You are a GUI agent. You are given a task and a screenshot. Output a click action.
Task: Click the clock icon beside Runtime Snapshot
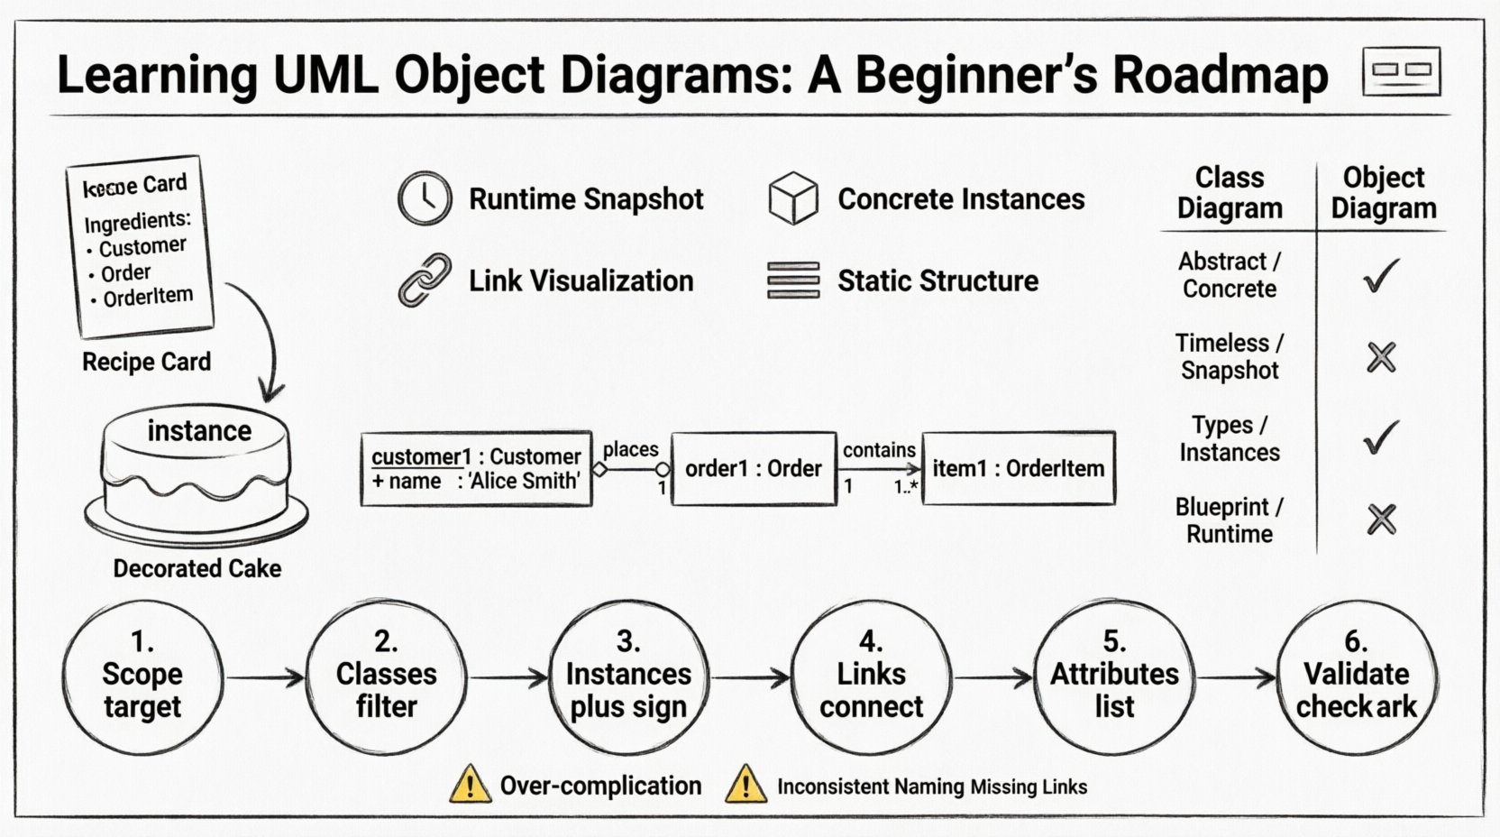(x=425, y=198)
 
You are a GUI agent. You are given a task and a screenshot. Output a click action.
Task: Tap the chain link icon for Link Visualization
(x=425, y=281)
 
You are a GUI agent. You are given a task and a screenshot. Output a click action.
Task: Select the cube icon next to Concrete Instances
(x=793, y=198)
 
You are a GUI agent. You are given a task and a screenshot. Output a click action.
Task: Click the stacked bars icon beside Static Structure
(x=793, y=281)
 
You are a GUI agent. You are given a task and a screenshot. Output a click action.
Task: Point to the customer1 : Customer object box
(x=476, y=468)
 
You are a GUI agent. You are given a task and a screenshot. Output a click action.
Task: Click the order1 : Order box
(x=753, y=468)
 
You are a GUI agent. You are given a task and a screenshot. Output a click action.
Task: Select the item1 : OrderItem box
(x=1018, y=468)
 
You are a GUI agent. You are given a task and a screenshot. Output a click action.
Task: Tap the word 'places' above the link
(x=630, y=449)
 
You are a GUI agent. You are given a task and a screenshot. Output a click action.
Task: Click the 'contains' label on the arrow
(x=879, y=449)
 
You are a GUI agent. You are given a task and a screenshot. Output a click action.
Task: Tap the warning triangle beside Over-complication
(x=470, y=785)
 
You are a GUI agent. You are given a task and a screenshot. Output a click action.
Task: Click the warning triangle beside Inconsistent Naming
(x=745, y=785)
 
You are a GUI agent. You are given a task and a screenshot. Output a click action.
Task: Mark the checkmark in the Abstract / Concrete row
(x=1381, y=275)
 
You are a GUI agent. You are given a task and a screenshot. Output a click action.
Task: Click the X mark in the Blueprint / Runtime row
(x=1381, y=520)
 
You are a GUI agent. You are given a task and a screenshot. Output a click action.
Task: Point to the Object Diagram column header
(x=1383, y=192)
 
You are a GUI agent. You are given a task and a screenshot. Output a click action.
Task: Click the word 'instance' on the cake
(x=199, y=431)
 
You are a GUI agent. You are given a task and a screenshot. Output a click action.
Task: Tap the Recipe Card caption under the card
(x=146, y=362)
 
